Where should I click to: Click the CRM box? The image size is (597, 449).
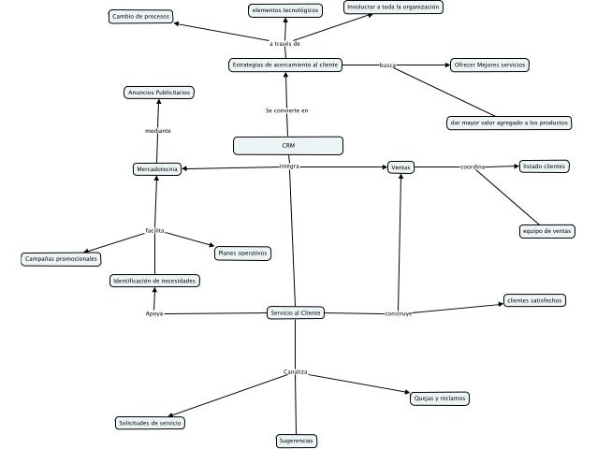[288, 145]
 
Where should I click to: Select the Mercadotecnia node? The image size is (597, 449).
[157, 169]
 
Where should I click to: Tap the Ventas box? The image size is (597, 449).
[400, 167]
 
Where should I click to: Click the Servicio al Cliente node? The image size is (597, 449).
[296, 312]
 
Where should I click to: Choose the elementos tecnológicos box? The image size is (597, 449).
[284, 9]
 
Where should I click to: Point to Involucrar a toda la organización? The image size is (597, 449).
[392, 7]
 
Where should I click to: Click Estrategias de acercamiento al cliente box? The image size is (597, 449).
[284, 65]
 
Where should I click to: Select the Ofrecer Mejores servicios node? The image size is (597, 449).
[488, 65]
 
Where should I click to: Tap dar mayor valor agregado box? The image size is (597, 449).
[508, 123]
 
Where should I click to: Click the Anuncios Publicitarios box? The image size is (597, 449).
[159, 93]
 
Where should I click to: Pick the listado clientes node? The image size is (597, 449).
[544, 166]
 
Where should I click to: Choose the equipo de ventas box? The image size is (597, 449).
[547, 230]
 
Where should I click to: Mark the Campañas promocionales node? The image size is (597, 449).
[62, 258]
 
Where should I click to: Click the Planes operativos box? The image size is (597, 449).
[242, 253]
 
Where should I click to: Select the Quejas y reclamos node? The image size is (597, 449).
[439, 398]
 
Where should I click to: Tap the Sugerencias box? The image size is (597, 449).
[298, 440]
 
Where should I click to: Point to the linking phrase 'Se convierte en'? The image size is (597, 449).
[286, 110]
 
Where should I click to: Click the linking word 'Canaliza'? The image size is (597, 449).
[296, 372]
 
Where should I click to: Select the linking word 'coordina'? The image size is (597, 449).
[473, 167]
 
